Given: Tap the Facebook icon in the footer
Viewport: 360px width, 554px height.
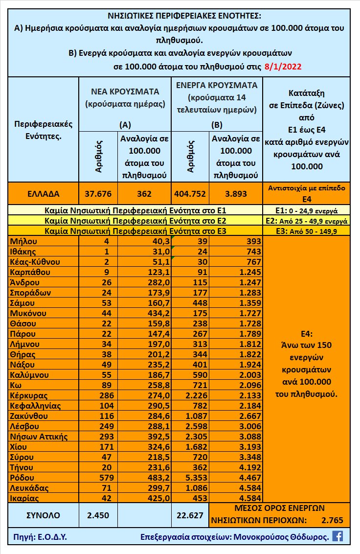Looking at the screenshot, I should click(x=337, y=536).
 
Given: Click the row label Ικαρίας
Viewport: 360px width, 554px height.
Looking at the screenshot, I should click(x=26, y=498).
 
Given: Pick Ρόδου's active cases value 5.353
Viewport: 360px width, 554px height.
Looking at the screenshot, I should click(x=190, y=477).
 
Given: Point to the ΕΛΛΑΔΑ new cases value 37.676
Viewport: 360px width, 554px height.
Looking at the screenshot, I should click(x=98, y=193).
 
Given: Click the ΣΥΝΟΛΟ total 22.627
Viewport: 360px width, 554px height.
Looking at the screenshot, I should click(x=190, y=514).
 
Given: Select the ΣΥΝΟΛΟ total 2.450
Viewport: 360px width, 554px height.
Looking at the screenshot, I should click(x=98, y=514).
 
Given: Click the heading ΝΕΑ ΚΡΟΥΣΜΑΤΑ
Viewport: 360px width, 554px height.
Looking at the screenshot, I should click(x=125, y=92).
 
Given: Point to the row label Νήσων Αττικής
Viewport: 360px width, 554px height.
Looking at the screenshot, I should click(x=39, y=436).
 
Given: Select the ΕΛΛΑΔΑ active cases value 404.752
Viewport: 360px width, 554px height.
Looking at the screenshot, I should click(x=190, y=193).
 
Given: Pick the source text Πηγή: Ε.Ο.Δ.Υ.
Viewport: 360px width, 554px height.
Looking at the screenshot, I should click(x=37, y=536).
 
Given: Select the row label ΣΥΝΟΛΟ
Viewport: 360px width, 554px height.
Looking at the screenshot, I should click(x=43, y=514).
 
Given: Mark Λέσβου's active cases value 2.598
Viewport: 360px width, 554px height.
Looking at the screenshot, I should click(x=190, y=426).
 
